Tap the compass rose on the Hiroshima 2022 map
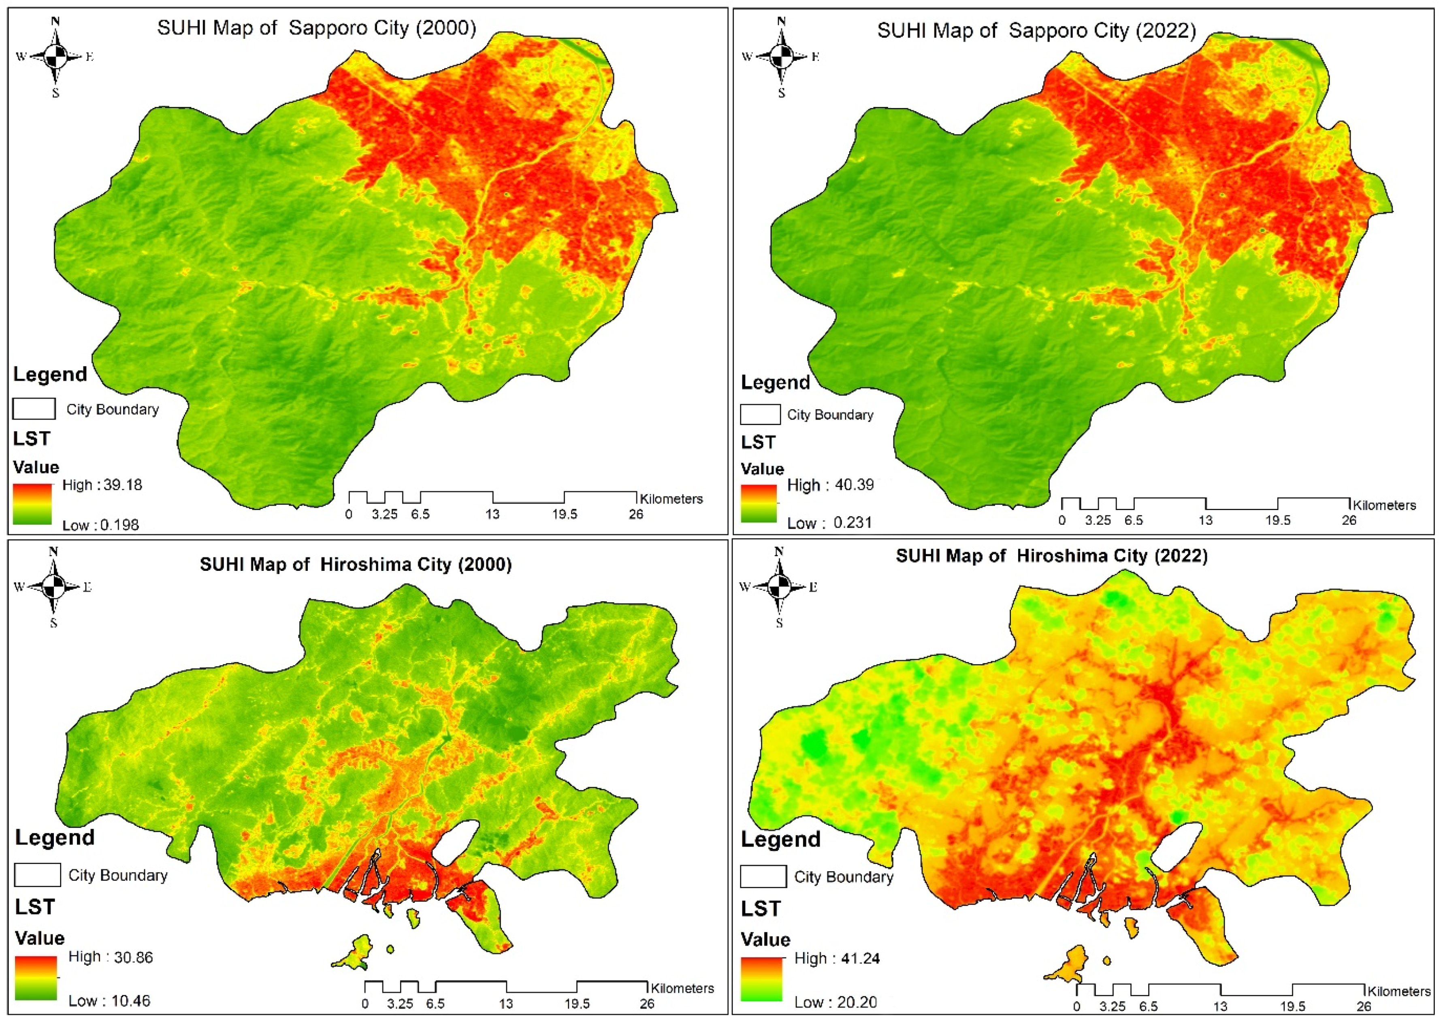779,587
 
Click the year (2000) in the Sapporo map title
446,28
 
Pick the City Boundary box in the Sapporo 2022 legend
760,415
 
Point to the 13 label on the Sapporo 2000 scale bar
492,515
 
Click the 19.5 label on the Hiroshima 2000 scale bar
576,1004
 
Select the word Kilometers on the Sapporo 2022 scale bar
1384,505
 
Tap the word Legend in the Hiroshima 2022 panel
780,840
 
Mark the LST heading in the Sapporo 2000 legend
31,438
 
